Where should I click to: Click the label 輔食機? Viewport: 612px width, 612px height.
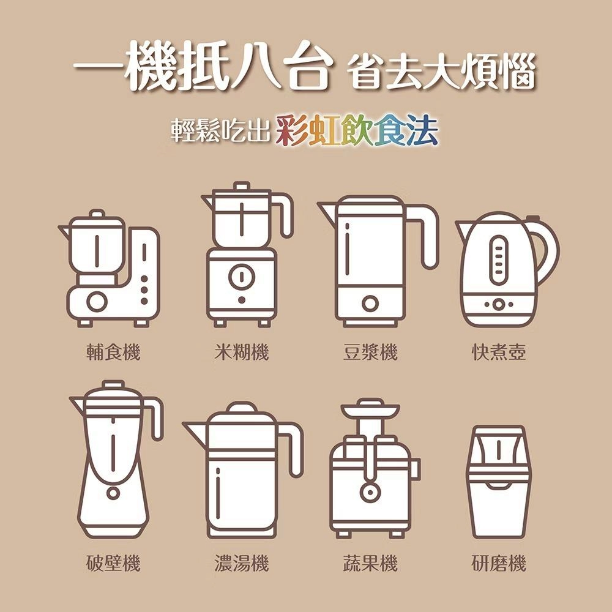113,352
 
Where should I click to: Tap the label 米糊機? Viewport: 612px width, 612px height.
242,352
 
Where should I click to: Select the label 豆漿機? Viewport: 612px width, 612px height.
370,352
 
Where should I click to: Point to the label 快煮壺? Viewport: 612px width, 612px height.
499,352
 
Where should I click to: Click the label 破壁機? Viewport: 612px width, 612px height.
113,563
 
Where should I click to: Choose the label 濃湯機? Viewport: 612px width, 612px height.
242,563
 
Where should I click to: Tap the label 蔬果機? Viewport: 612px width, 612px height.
370,563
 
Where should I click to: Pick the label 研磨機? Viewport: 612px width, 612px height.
499,563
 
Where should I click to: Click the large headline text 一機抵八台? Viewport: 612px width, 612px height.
203,67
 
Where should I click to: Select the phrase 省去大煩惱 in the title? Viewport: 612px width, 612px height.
441,72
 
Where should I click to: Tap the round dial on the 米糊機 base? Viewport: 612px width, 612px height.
242,277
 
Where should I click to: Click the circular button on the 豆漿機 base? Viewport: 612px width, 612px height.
370,304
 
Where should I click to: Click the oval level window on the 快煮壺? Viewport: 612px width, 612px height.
498,260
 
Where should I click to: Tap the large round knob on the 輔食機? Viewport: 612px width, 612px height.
97,302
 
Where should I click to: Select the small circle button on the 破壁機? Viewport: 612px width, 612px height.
113,493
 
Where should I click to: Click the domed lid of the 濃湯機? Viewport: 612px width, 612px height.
242,410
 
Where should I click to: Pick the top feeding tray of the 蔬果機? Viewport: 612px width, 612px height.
370,409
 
